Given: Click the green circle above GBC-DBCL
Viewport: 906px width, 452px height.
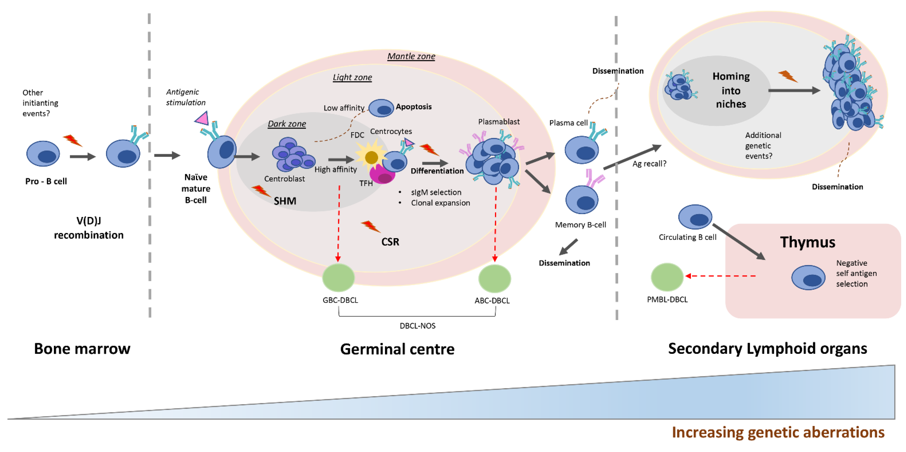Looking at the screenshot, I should click(338, 278).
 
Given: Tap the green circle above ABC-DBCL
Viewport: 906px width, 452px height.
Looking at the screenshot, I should click(495, 278).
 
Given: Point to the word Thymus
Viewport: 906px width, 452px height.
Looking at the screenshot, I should click(807, 242).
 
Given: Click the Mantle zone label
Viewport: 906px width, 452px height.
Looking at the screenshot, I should click(411, 56).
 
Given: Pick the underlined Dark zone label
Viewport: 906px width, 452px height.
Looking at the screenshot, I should click(287, 124).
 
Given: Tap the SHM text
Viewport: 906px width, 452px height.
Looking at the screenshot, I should click(285, 201).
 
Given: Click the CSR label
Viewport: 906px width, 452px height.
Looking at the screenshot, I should click(390, 242).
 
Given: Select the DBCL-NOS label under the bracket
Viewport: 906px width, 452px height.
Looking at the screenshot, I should click(417, 326).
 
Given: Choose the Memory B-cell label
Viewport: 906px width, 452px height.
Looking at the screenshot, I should click(580, 225).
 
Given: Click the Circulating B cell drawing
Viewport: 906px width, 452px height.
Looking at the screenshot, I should click(695, 217).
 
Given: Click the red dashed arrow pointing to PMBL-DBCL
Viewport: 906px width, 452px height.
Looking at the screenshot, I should click(721, 276).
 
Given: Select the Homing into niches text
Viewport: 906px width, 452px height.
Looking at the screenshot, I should click(731, 90).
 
